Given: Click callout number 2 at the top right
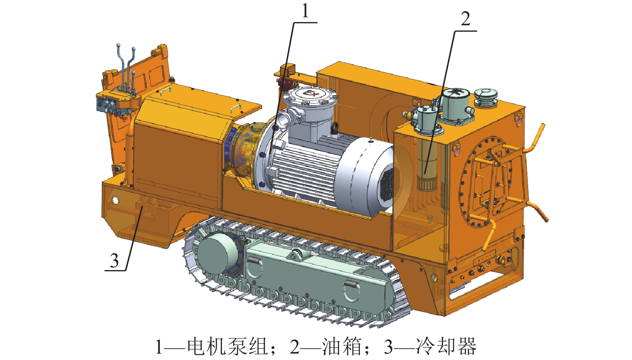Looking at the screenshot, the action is [x=465, y=19].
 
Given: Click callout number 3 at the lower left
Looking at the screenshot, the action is [x=114, y=260].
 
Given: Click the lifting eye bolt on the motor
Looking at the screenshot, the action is [x=335, y=128].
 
